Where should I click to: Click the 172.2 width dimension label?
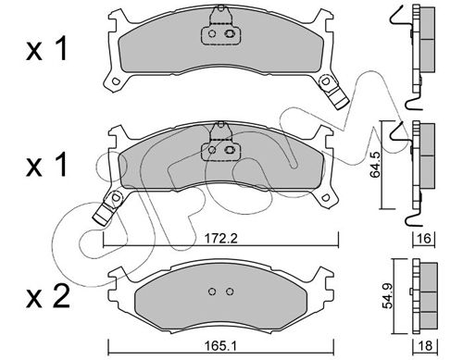tap(220, 238)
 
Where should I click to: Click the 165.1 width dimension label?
tap(220, 346)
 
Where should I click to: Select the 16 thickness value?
tap(424, 238)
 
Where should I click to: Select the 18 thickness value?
tap(425, 346)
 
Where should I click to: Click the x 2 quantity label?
tap(48, 298)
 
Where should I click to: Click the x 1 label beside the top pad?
tap(47, 49)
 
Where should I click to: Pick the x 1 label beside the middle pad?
tap(47, 166)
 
